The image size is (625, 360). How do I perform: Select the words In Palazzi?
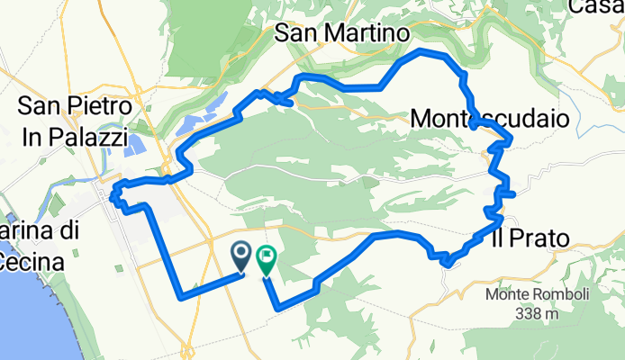point(75,130)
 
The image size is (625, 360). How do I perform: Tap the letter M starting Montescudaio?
point(420,118)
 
